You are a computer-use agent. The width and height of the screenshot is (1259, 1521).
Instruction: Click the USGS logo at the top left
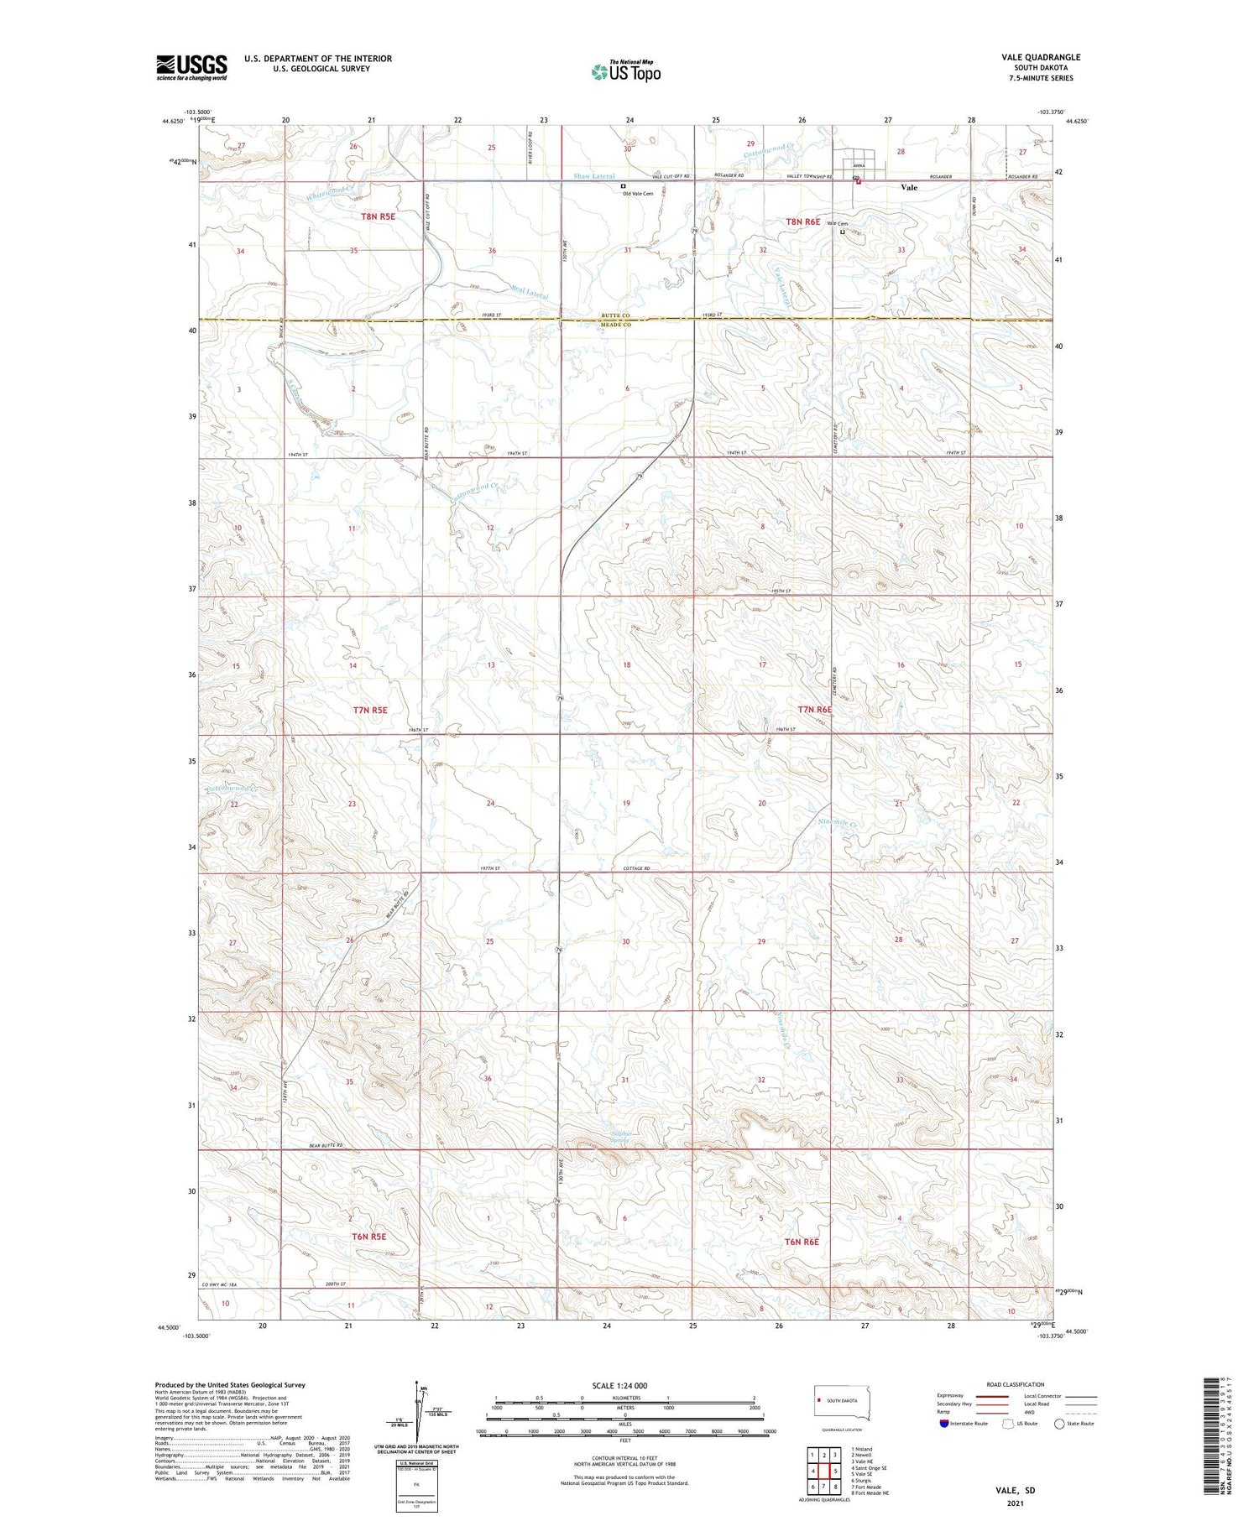click(x=191, y=67)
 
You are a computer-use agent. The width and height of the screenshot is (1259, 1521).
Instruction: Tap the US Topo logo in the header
click(x=625, y=72)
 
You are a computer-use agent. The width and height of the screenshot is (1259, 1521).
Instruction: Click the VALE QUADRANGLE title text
click(x=1041, y=57)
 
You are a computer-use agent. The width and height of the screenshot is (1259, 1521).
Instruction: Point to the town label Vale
click(x=909, y=188)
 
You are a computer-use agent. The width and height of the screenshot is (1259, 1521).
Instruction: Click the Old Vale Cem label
click(x=637, y=194)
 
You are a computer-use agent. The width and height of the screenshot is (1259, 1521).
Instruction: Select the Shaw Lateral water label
click(x=594, y=176)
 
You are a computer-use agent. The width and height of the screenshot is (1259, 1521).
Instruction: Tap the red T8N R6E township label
click(x=802, y=221)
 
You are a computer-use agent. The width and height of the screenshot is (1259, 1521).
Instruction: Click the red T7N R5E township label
click(x=370, y=710)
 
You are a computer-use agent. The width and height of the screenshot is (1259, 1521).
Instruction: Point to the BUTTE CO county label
click(x=614, y=315)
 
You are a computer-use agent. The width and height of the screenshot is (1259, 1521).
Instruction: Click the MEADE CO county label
click(x=614, y=325)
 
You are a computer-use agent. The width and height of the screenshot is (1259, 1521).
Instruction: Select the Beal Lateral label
click(x=530, y=293)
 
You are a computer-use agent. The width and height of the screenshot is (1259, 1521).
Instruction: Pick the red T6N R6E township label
click(x=802, y=1241)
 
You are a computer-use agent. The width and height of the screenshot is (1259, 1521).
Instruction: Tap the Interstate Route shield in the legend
click(x=944, y=1424)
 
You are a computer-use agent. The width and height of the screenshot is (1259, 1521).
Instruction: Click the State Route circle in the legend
click(x=1059, y=1424)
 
